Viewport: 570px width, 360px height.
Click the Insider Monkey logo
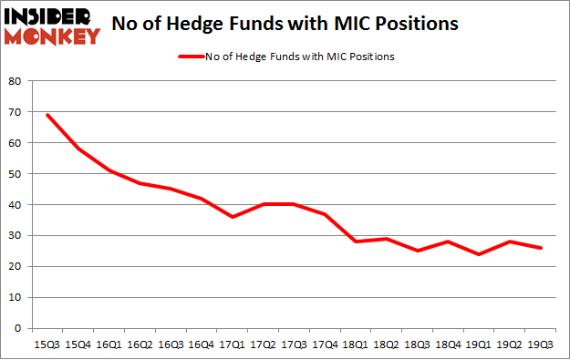click(x=51, y=25)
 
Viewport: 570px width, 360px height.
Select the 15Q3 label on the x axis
click(x=47, y=345)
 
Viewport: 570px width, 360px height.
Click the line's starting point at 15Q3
click(x=47, y=115)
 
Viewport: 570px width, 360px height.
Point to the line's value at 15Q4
click(x=78, y=149)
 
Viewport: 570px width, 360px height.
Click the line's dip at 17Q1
click(x=233, y=217)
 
